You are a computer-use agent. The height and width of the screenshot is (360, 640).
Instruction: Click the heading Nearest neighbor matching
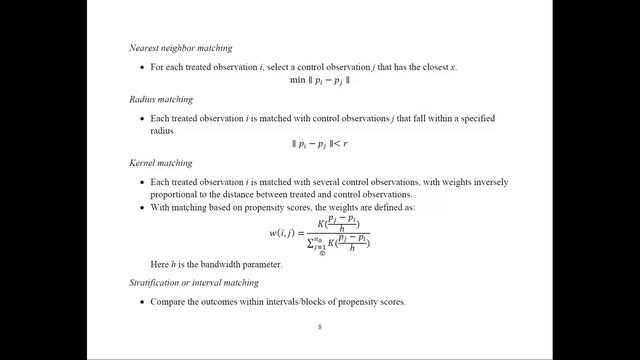[180, 48]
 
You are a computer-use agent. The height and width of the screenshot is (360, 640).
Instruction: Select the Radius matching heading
[161, 99]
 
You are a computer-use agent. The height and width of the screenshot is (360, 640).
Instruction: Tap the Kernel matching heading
[161, 162]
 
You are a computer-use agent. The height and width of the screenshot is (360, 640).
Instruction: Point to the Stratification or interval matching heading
[193, 283]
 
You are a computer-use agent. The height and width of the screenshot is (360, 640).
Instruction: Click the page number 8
[319, 326]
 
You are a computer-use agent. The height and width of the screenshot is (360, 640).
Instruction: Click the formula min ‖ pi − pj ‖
[319, 78]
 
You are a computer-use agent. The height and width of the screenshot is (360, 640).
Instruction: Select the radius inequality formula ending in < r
[319, 143]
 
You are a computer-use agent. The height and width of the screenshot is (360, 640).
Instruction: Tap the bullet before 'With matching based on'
[141, 208]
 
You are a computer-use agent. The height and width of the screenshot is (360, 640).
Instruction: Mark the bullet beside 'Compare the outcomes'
[141, 301]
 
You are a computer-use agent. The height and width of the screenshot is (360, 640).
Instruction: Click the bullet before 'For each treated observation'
[141, 67]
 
